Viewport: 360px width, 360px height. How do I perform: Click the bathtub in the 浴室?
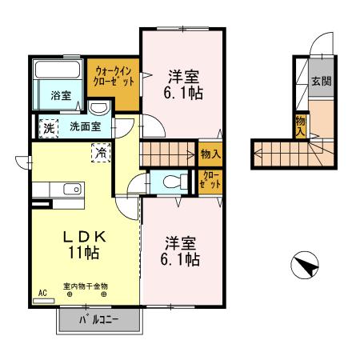(58, 70)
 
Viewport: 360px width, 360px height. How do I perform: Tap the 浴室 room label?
(61, 95)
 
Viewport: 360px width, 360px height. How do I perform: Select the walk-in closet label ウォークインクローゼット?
(114, 76)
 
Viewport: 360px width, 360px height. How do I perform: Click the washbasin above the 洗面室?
(98, 108)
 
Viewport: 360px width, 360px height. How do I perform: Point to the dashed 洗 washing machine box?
(49, 129)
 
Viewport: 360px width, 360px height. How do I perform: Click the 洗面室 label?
(86, 126)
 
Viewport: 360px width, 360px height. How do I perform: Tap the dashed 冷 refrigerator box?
(101, 153)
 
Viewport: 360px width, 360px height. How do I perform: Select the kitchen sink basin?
(73, 190)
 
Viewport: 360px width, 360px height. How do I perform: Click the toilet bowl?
(175, 182)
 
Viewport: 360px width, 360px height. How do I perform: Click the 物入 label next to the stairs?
(211, 154)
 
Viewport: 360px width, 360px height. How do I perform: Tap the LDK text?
(85, 237)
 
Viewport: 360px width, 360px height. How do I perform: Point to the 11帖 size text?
(84, 252)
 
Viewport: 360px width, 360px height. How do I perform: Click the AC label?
(42, 293)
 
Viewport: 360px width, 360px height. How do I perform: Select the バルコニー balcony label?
(98, 319)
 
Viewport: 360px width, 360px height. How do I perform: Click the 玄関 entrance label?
(322, 81)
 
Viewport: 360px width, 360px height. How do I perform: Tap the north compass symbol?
(305, 265)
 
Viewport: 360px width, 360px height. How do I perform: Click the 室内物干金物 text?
(86, 286)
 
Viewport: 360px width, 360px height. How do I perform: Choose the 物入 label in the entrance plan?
(301, 126)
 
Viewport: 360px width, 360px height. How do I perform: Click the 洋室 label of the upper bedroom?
(183, 77)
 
